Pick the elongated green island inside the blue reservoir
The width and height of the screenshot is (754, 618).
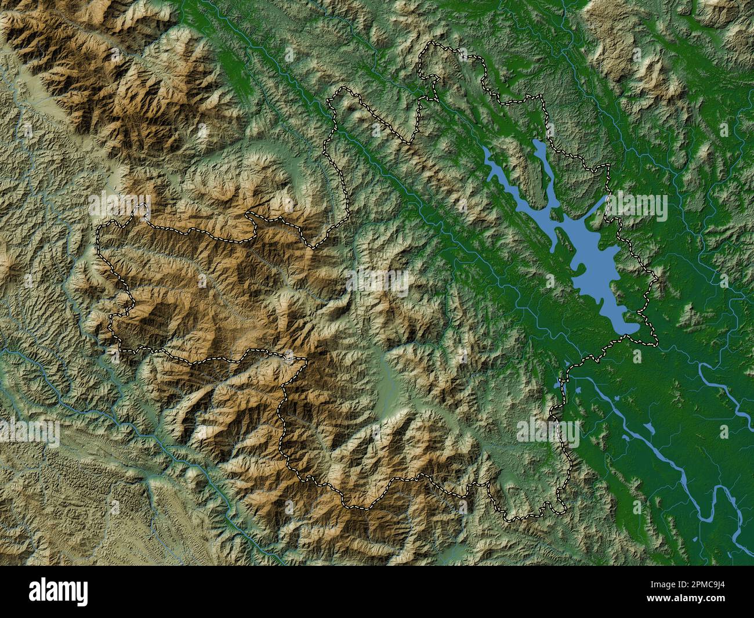pyautogui.click(x=561, y=240)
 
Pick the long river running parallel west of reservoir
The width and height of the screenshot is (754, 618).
pyautogui.click(x=400, y=186)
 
